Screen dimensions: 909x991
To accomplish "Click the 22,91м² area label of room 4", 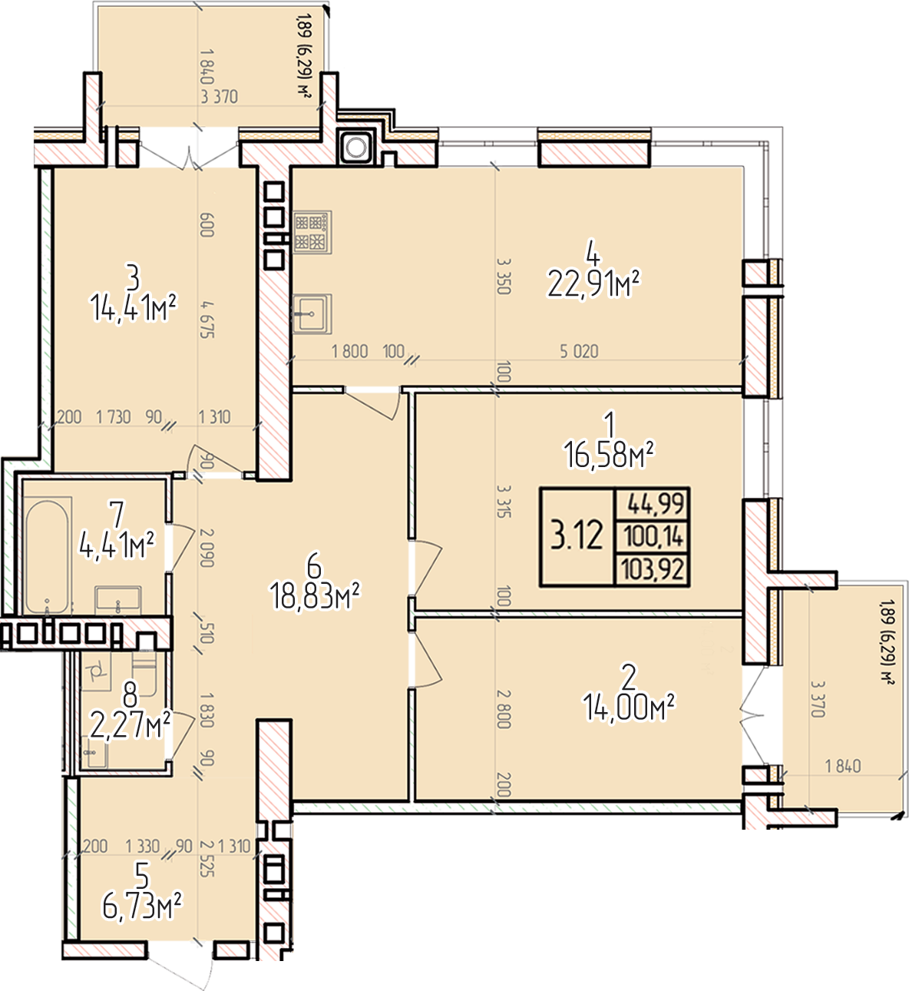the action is click(593, 283).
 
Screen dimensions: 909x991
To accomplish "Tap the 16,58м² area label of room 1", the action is click(609, 455).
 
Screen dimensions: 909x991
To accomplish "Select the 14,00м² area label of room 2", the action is click(629, 707).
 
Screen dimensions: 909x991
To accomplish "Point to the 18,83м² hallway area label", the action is click(315, 595).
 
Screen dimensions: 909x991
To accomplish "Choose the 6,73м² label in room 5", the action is click(142, 907).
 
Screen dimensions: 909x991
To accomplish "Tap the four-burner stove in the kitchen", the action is click(312, 232).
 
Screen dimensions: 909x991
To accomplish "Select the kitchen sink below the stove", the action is click(312, 313).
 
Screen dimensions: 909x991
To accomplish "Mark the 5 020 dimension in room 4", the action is click(579, 351).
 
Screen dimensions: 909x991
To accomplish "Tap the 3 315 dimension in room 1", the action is click(504, 501).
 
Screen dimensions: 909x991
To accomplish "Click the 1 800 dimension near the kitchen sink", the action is click(349, 351).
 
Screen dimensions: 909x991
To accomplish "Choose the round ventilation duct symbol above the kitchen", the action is click(356, 147).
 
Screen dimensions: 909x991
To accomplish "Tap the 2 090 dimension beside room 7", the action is click(207, 548).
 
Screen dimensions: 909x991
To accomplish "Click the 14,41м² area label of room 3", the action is click(134, 308).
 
